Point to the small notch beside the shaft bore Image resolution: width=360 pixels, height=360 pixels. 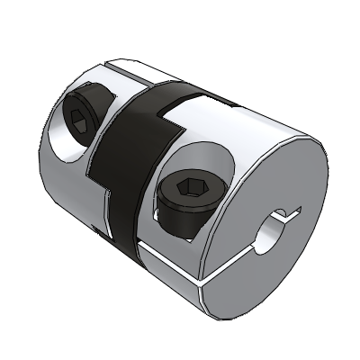289,215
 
